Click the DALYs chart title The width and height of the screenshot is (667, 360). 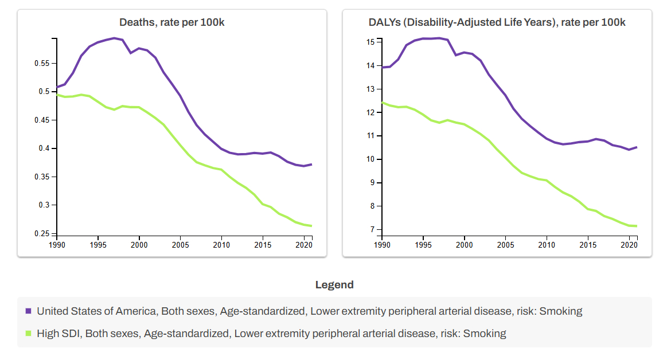[497, 22]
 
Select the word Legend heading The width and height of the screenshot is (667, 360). [334, 285]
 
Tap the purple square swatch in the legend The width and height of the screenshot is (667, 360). [28, 311]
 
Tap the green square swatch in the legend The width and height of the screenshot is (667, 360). [28, 333]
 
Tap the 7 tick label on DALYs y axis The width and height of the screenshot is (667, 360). [372, 229]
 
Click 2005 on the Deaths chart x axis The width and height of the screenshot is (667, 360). [180, 244]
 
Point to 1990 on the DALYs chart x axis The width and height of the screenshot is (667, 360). [382, 244]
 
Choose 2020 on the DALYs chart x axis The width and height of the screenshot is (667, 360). [629, 244]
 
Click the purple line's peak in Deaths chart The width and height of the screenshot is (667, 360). [114, 38]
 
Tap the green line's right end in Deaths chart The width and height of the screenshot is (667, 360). [311, 226]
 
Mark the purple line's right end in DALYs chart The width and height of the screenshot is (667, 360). [637, 147]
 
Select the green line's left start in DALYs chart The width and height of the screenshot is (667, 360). [383, 103]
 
